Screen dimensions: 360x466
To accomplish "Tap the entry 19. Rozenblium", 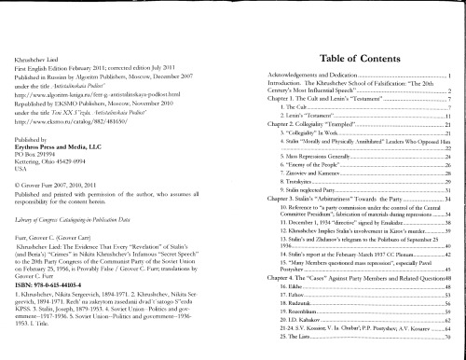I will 279,333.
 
